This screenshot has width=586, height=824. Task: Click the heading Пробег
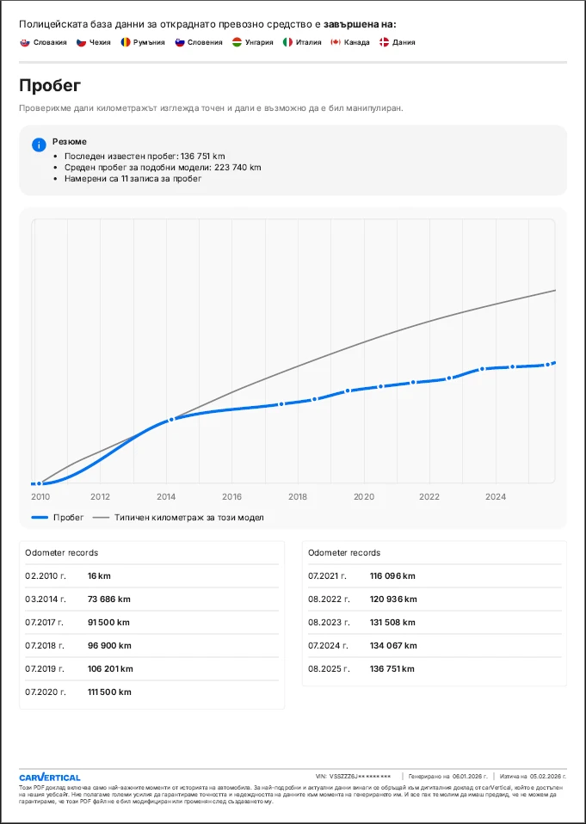(x=50, y=86)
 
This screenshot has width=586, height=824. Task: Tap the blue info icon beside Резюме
(x=38, y=145)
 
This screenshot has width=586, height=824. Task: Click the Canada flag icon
(x=336, y=42)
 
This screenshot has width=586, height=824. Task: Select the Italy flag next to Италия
(x=288, y=42)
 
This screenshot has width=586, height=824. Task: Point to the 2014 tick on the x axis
(x=166, y=496)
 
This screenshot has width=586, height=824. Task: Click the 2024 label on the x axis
(x=496, y=496)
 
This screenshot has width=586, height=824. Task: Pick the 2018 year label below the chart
(x=298, y=496)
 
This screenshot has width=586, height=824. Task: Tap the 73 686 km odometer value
(x=109, y=599)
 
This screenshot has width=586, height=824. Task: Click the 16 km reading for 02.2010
(x=100, y=575)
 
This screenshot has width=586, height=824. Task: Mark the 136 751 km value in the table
(x=393, y=668)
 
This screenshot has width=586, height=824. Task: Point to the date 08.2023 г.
(x=328, y=622)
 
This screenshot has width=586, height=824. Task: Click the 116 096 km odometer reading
(x=393, y=575)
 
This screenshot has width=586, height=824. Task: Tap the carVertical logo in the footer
(x=50, y=777)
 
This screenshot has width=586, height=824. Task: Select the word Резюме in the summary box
(x=70, y=141)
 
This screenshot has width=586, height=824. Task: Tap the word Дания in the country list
(x=404, y=42)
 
